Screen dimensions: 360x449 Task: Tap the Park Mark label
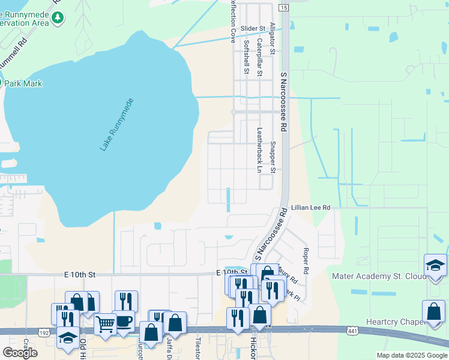pos(23,83)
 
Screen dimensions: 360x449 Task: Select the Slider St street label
pos(253,28)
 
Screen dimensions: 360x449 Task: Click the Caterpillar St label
pos(260,58)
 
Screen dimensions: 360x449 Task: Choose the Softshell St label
pos(246,58)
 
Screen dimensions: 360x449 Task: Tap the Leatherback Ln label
pos(260,150)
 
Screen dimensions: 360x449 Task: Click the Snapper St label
pos(273,157)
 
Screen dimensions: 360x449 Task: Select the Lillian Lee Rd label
pos(311,208)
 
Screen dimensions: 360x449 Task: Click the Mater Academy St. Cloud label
pos(378,277)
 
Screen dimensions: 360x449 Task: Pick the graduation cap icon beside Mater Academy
pos(435,264)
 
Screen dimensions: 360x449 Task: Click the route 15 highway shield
pos(283,7)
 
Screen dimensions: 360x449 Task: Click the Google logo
pos(20,352)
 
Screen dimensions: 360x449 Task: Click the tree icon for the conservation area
pos(58,17)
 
